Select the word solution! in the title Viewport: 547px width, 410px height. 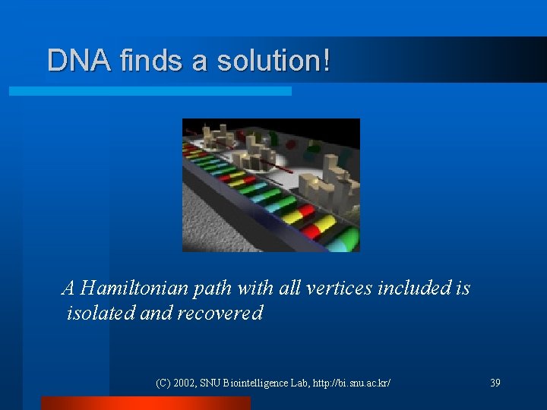[x=273, y=61]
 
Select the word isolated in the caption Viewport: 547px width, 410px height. [x=101, y=313]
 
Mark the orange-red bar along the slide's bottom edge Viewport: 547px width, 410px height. [x=145, y=403]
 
